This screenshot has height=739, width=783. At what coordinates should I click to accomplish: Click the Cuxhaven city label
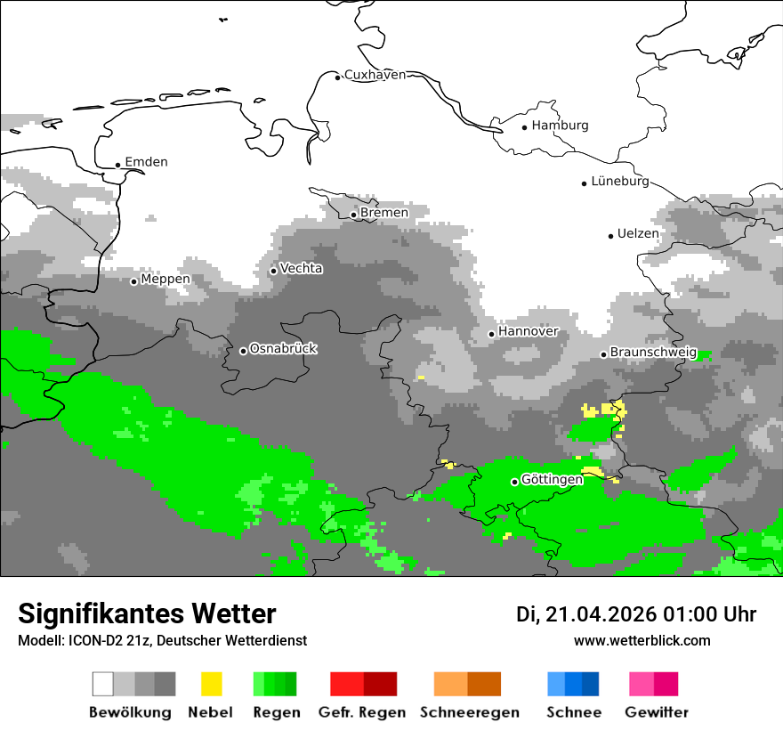pos(375,75)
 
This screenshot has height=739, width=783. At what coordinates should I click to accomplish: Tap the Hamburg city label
pos(560,126)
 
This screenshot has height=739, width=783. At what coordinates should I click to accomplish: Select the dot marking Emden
pos(118,165)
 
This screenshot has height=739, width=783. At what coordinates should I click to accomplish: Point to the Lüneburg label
pos(620,181)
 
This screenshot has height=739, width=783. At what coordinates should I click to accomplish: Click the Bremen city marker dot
pos(353,215)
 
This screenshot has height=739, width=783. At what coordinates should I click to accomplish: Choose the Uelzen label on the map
pos(638,234)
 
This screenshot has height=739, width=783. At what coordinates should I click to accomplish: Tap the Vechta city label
pos(302,268)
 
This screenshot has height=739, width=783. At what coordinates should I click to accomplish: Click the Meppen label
pos(165,280)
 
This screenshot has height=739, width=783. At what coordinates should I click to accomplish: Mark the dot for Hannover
pos(491,334)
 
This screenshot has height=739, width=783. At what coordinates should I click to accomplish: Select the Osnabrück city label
pos(283,349)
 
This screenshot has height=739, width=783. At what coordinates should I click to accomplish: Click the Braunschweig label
pos(653,353)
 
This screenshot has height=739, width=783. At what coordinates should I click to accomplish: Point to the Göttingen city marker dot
pos(514,482)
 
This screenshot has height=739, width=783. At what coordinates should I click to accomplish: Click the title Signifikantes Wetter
pos(147,614)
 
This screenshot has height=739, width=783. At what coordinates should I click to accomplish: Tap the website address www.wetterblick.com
pos(642,640)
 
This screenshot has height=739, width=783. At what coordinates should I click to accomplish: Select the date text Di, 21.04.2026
pos(586,614)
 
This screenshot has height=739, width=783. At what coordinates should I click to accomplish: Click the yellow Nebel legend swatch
pos(212,684)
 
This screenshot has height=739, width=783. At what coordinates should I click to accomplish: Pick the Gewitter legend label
pos(657,712)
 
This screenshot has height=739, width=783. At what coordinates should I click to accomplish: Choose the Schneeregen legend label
pos(470,712)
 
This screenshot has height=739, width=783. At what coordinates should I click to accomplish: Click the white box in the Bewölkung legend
pos(102,684)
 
